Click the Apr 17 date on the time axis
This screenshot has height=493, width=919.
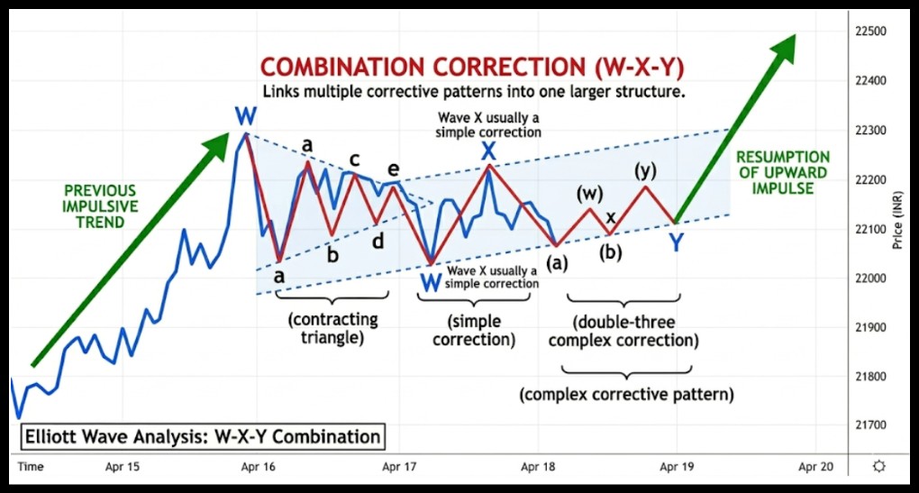pos(397,466)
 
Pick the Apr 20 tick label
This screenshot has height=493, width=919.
pos(815,466)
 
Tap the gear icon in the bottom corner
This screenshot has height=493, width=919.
pos(879,465)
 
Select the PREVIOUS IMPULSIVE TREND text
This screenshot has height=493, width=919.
pos(100,206)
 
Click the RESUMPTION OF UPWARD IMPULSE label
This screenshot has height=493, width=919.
pos(782,173)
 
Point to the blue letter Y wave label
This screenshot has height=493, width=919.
pos(676,242)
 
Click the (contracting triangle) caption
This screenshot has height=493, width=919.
pos(333,328)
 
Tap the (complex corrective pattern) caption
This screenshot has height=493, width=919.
pos(627,394)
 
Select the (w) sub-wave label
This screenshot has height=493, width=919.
pos(589,193)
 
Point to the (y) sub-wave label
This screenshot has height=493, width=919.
pos(643,169)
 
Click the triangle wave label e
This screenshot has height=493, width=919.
pos(393,169)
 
